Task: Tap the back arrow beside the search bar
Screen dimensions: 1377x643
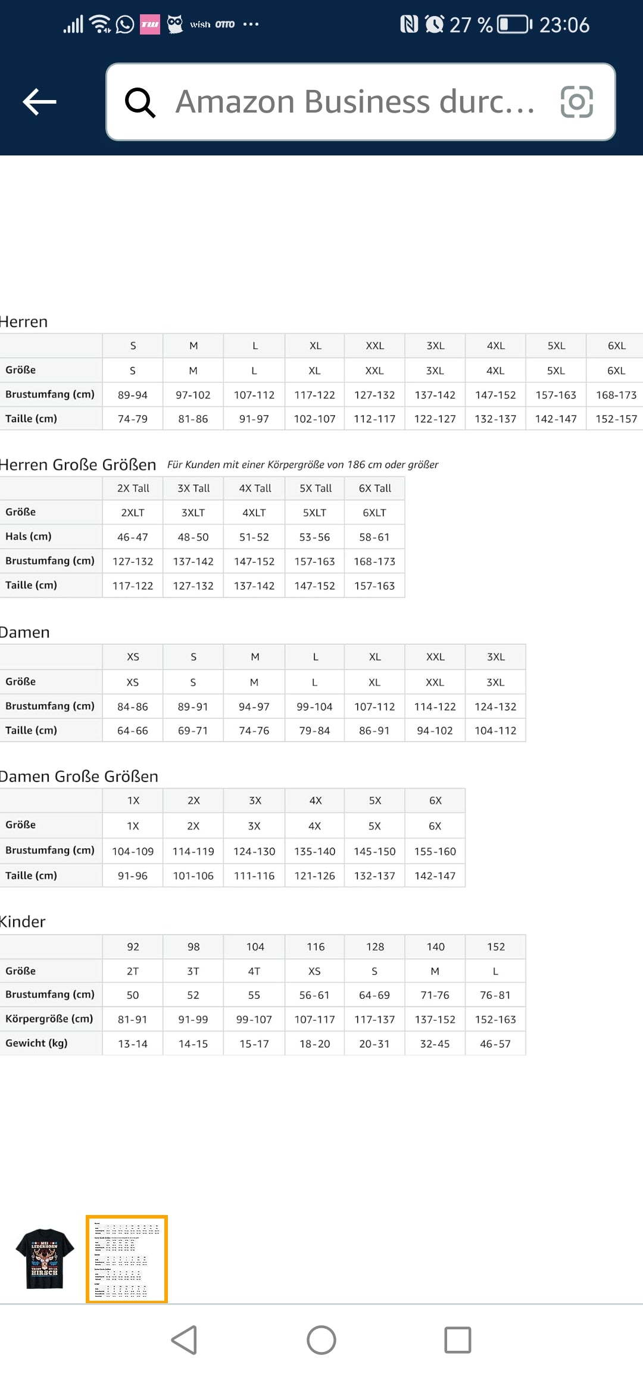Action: click(x=39, y=102)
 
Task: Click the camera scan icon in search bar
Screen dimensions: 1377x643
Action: click(x=576, y=102)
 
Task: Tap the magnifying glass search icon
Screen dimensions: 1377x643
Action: click(x=141, y=102)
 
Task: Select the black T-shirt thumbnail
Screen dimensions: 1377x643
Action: click(x=45, y=1258)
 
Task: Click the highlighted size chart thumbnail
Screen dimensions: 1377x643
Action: click(x=127, y=1258)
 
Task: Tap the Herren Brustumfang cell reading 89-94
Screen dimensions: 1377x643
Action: click(x=132, y=395)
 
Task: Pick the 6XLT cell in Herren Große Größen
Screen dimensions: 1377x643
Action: click(x=374, y=513)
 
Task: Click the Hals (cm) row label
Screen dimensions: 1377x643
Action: click(x=29, y=537)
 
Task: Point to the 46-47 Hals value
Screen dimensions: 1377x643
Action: click(x=132, y=537)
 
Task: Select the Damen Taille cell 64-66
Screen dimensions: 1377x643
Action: click(x=132, y=731)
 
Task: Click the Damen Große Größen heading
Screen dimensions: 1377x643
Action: click(x=79, y=777)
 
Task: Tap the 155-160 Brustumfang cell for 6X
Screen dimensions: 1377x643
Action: click(x=435, y=852)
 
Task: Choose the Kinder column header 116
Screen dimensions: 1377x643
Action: click(x=315, y=947)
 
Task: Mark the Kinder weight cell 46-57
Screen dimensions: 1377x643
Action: click(x=495, y=1044)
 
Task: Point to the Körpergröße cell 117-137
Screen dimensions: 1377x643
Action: click(x=374, y=1020)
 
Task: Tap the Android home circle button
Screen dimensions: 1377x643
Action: click(x=321, y=1340)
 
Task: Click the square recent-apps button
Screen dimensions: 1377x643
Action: click(x=457, y=1340)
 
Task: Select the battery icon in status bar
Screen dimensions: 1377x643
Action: click(x=514, y=24)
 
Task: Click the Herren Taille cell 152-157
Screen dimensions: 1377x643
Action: click(x=616, y=419)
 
